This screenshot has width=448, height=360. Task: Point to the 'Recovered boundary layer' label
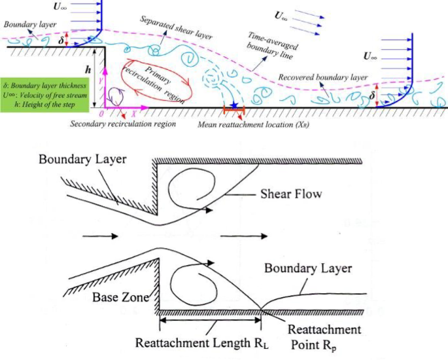pyautogui.click(x=322, y=77)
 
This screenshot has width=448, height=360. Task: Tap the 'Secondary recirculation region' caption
pyautogui.click(x=115, y=124)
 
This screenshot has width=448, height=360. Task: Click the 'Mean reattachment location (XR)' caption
pyautogui.click(x=254, y=124)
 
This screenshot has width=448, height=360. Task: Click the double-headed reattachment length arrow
pyautogui.click(x=211, y=320)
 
